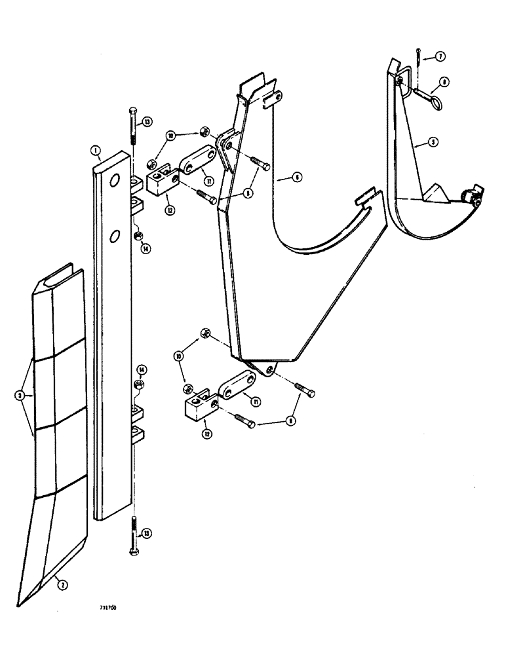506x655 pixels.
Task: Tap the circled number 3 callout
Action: (x=20, y=396)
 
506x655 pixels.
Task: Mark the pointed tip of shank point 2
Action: (x=20, y=603)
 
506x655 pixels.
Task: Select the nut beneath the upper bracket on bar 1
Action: (x=138, y=236)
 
